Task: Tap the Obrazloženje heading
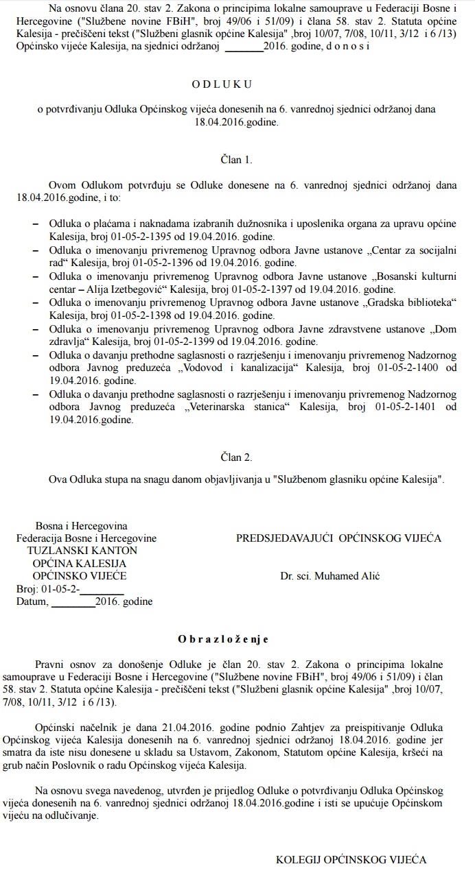point(223,639)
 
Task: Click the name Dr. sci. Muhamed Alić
point(330,576)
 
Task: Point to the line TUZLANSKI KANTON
point(82,551)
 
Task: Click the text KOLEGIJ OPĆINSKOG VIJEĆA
point(351,859)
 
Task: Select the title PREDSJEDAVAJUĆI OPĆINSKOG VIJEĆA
point(339,538)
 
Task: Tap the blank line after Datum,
point(73,603)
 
